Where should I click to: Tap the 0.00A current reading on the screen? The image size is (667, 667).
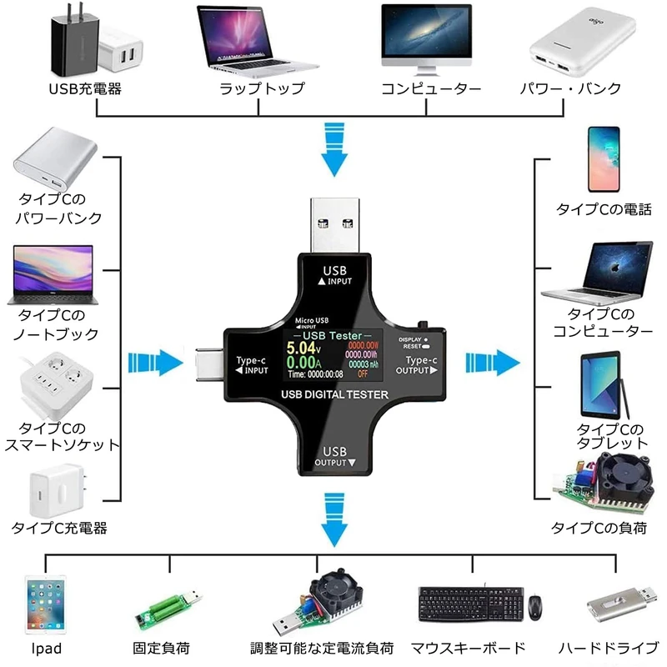click(x=300, y=364)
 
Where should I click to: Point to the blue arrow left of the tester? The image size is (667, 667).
click(x=155, y=364)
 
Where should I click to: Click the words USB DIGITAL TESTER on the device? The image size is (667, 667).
click(x=333, y=395)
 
